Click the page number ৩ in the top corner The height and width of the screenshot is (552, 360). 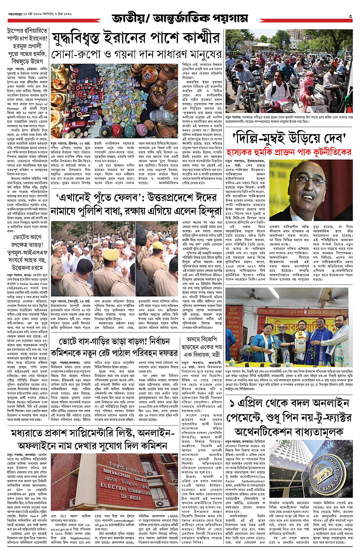pos(350,17)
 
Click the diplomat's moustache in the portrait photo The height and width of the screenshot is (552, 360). pos(308,195)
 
